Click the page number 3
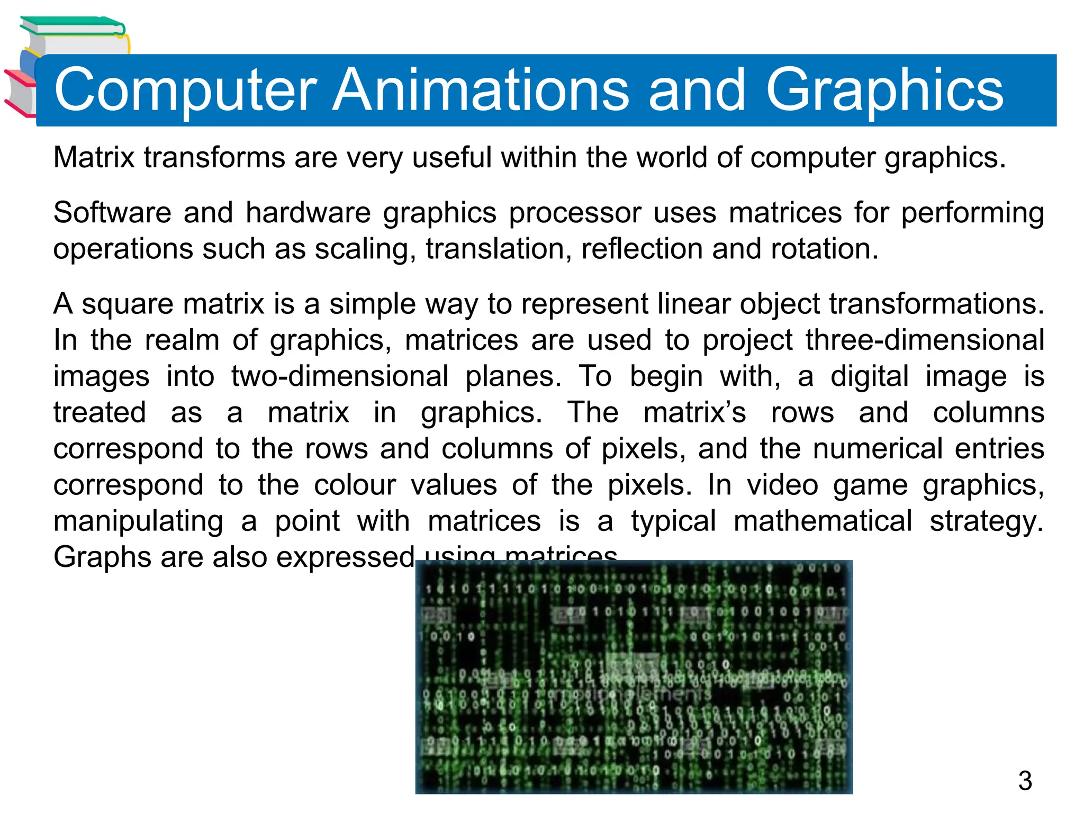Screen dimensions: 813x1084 [x=1025, y=781]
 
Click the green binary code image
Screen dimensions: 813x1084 [x=634, y=677]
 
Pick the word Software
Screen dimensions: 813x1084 [x=112, y=213]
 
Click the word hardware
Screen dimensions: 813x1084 [x=308, y=213]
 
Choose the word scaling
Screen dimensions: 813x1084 [x=365, y=250]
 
